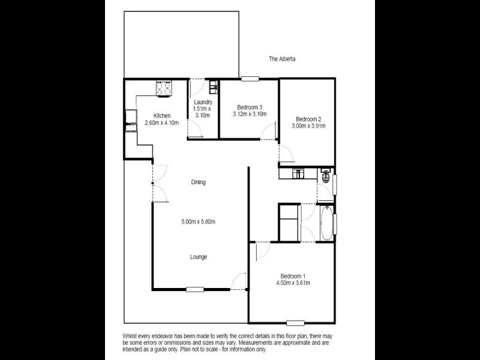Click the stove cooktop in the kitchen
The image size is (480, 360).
(x=163, y=89)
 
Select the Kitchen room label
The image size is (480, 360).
(x=162, y=116)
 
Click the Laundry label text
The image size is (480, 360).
(x=203, y=102)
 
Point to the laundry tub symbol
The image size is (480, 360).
(x=213, y=89)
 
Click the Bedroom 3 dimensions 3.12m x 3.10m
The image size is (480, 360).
(x=249, y=114)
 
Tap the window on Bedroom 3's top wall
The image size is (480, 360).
(x=250, y=78)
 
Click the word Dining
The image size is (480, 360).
(x=198, y=182)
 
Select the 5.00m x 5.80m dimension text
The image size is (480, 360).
(x=198, y=222)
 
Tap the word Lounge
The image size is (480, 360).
(x=199, y=257)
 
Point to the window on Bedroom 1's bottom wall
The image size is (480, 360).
(x=295, y=322)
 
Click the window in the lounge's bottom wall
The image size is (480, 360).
(x=194, y=290)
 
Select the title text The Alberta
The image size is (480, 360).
(x=282, y=59)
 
